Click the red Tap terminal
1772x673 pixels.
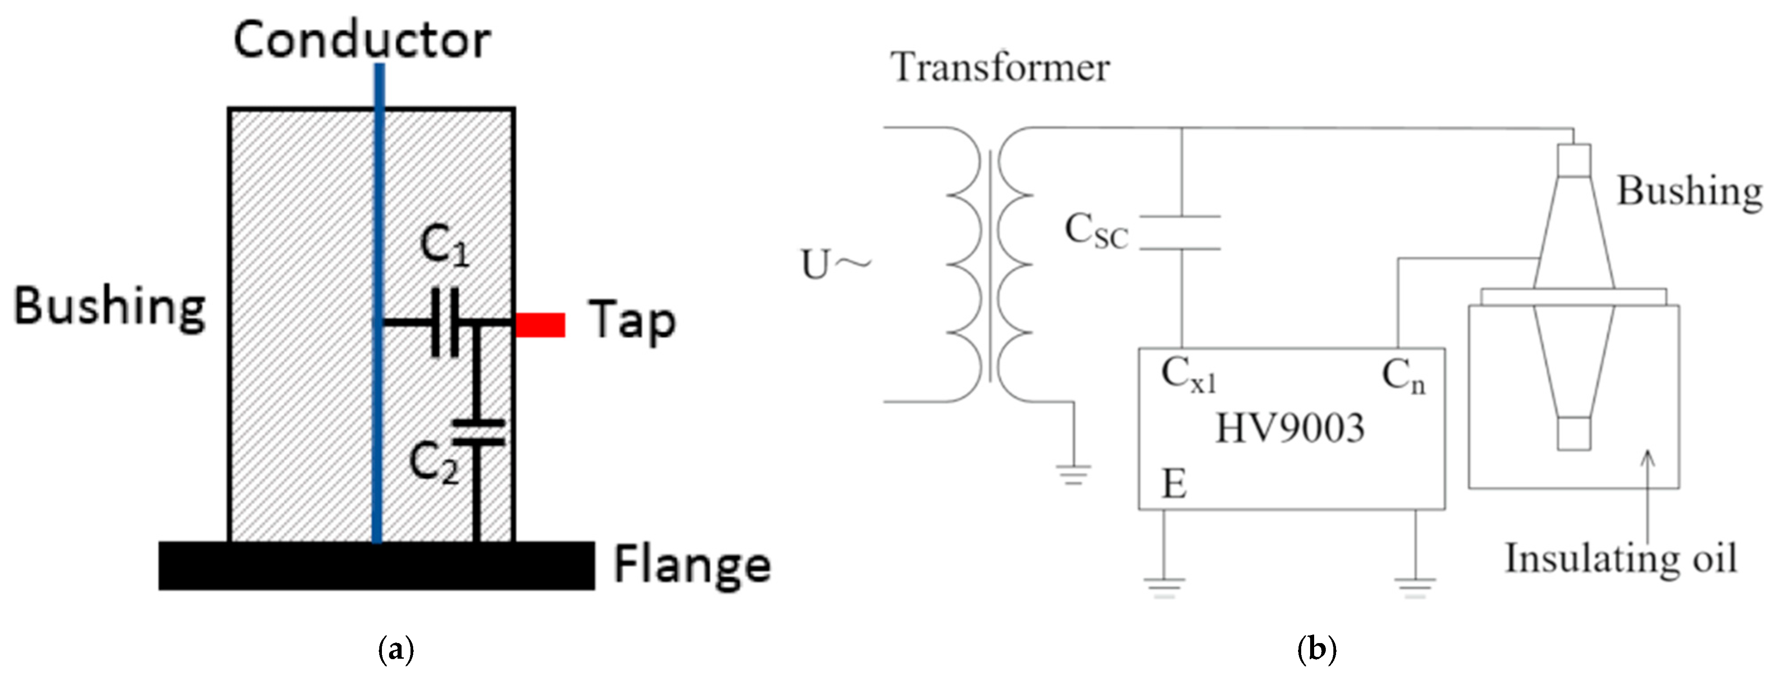(540, 325)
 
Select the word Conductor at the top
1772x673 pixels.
(362, 40)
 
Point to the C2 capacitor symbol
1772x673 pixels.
(479, 432)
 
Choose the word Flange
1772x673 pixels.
(692, 566)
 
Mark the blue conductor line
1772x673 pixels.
(377, 206)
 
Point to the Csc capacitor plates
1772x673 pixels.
(1181, 232)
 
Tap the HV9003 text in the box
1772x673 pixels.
(1290, 428)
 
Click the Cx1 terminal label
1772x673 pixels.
(1188, 376)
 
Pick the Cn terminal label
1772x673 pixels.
(1403, 378)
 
